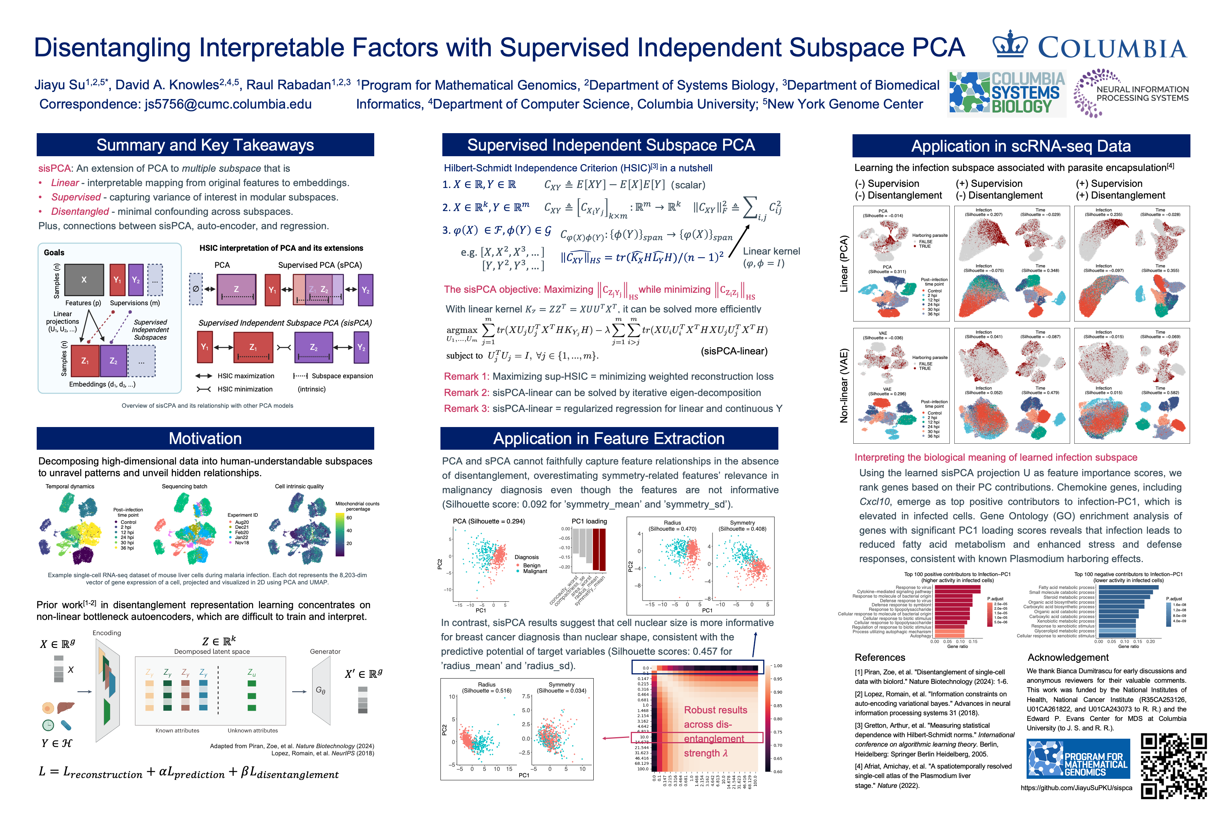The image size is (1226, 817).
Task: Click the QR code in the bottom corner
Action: click(1173, 766)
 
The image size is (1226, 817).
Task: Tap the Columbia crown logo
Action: click(1010, 45)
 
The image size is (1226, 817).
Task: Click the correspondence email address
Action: click(228, 104)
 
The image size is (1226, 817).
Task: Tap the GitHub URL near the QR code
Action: click(1076, 788)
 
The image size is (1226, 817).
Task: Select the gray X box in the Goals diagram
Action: click(84, 280)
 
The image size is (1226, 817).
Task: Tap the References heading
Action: click(879, 657)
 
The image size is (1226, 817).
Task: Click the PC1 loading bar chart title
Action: click(589, 521)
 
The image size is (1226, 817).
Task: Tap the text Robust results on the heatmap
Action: click(715, 710)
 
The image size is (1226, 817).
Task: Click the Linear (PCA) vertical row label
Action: click(844, 264)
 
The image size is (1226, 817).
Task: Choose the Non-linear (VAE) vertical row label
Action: click(844, 385)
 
